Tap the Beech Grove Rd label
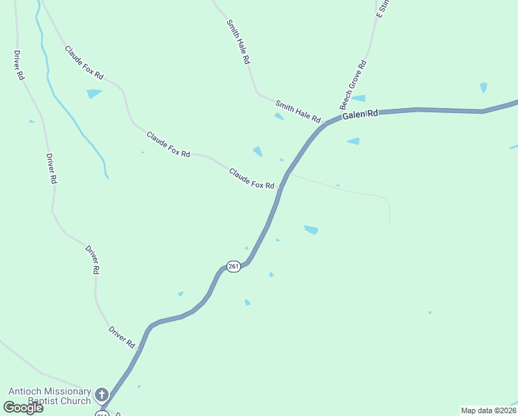coord(352,85)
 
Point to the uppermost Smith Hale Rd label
coord(238,42)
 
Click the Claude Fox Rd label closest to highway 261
coord(252,177)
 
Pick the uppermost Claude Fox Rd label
coord(84,62)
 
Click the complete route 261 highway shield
coord(233,267)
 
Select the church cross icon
coord(102,395)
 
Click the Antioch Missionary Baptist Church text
coord(49,396)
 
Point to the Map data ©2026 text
coord(488,410)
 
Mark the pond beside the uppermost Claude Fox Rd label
coord(93,93)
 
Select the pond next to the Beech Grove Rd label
coord(359,98)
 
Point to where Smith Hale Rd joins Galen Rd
coord(325,124)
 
